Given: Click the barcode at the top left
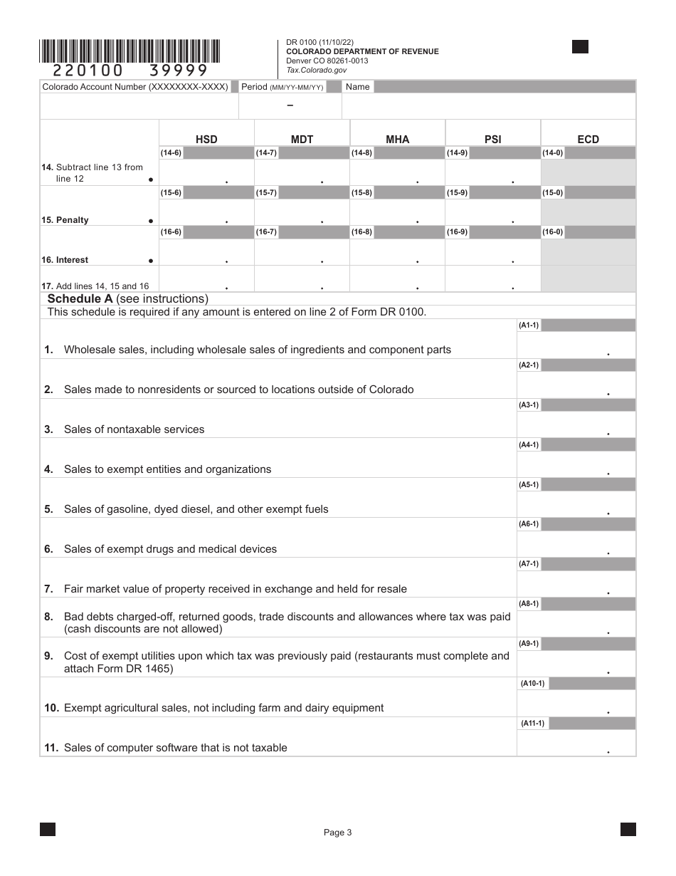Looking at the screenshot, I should pyautogui.click(x=130, y=51).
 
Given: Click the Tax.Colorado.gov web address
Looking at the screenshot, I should pyautogui.click(x=316, y=70).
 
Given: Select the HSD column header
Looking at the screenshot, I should pyautogui.click(x=206, y=140).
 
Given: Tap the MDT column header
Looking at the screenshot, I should pyautogui.click(x=302, y=140).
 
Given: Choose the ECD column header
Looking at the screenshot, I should pyautogui.click(x=588, y=140).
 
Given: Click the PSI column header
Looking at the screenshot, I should pyautogui.click(x=492, y=140).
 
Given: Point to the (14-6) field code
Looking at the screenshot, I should pyautogui.click(x=171, y=153).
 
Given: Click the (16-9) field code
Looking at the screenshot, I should pyautogui.click(x=457, y=232).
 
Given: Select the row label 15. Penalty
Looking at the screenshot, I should pyautogui.click(x=65, y=220).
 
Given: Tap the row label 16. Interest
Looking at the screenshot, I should pyautogui.click(x=65, y=260).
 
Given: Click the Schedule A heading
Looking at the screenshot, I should pyautogui.click(x=127, y=299).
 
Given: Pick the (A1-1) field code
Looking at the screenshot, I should pyautogui.click(x=529, y=325).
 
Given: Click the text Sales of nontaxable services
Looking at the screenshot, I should pyautogui.click(x=134, y=429).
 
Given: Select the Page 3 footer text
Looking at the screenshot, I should pyautogui.click(x=338, y=833).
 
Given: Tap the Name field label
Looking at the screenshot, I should pyautogui.click(x=357, y=87).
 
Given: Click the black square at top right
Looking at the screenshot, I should pyautogui.click(x=580, y=47).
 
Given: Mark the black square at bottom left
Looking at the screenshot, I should pyautogui.click(x=48, y=829).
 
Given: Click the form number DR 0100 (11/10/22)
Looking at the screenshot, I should pyautogui.click(x=318, y=43).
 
